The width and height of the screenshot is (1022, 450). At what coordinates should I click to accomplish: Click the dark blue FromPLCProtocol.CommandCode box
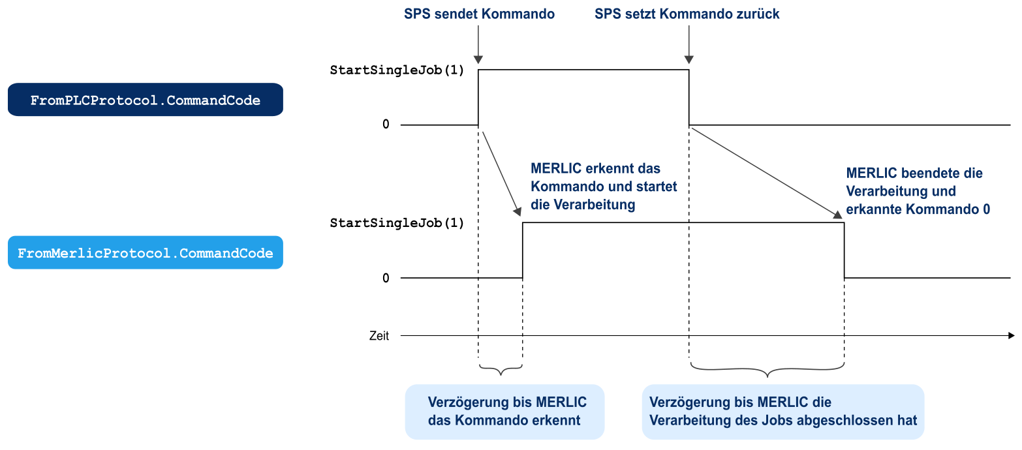[145, 100]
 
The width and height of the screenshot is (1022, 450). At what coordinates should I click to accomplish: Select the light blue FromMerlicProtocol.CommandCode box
[145, 252]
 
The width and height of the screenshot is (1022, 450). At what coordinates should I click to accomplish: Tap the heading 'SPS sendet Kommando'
[479, 14]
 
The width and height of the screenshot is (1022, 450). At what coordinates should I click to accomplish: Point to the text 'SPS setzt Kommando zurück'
[687, 14]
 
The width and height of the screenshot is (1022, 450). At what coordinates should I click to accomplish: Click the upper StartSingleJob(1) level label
[397, 70]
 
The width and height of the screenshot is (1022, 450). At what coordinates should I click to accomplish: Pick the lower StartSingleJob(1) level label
[397, 223]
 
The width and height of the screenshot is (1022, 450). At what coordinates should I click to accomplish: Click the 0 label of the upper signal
[386, 124]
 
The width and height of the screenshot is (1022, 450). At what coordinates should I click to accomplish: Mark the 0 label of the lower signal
[386, 278]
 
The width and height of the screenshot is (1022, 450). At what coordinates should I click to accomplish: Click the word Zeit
[379, 336]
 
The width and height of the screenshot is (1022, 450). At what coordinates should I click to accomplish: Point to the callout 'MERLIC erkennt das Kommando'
[604, 187]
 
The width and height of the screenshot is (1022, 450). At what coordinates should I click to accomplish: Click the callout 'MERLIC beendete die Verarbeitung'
[917, 191]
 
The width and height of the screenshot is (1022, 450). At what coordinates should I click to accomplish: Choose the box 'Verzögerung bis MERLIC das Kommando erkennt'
[504, 412]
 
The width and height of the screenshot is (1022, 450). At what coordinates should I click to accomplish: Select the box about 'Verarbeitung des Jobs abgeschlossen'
[782, 412]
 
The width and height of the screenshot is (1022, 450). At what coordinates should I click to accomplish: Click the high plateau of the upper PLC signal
[583, 69]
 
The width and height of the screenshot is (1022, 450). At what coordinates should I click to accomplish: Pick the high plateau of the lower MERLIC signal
[683, 223]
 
